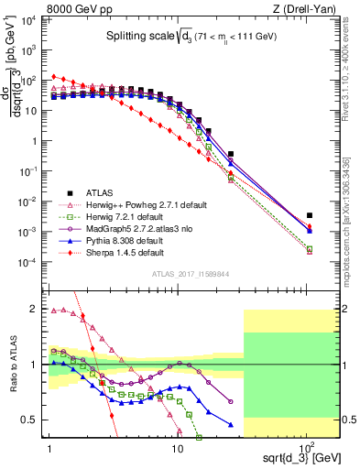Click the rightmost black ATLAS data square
click(x=310, y=216)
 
